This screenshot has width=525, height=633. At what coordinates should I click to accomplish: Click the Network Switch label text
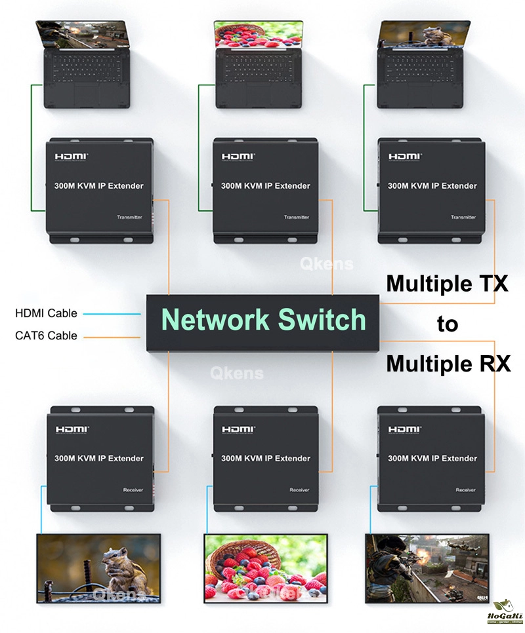coord(264,319)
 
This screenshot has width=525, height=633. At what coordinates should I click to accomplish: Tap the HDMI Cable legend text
coord(46,313)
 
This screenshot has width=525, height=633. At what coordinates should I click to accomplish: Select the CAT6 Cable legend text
coord(46,336)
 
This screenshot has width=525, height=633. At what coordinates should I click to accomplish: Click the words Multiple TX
coord(447,284)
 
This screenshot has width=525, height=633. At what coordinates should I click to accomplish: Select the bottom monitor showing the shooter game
coord(427,567)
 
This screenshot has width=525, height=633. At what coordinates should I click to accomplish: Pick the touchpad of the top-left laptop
coord(87,95)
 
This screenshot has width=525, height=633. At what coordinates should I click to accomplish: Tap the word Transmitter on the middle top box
coord(296,218)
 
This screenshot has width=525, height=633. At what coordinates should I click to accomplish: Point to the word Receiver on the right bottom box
coord(465,489)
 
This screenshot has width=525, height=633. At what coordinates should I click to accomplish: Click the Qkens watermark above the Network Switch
coord(326,264)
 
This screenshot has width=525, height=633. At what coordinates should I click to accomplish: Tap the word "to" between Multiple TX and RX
coord(448,324)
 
